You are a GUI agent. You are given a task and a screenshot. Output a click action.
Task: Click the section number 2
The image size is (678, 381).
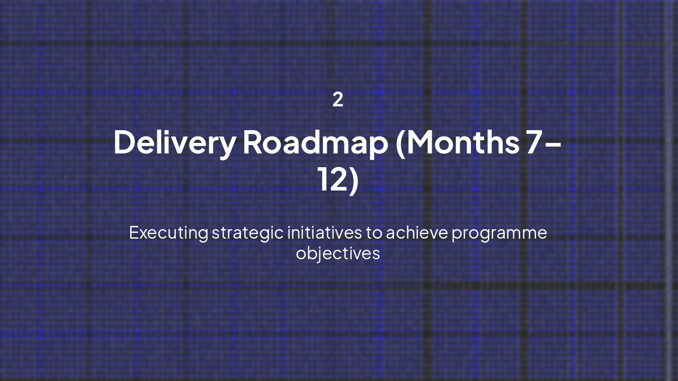tap(338, 99)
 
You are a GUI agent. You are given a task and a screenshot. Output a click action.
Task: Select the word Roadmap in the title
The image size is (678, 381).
tap(315, 142)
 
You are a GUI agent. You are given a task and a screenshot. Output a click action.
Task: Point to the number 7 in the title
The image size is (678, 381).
tap(534, 142)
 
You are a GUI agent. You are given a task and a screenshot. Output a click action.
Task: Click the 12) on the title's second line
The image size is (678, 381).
tap(338, 180)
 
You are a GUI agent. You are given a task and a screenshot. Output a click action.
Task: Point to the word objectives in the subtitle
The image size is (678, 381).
tap(338, 253)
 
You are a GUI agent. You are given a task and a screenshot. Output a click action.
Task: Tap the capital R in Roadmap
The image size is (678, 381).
tap(254, 142)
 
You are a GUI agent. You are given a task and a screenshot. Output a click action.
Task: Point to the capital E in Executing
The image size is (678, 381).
tap(133, 233)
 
